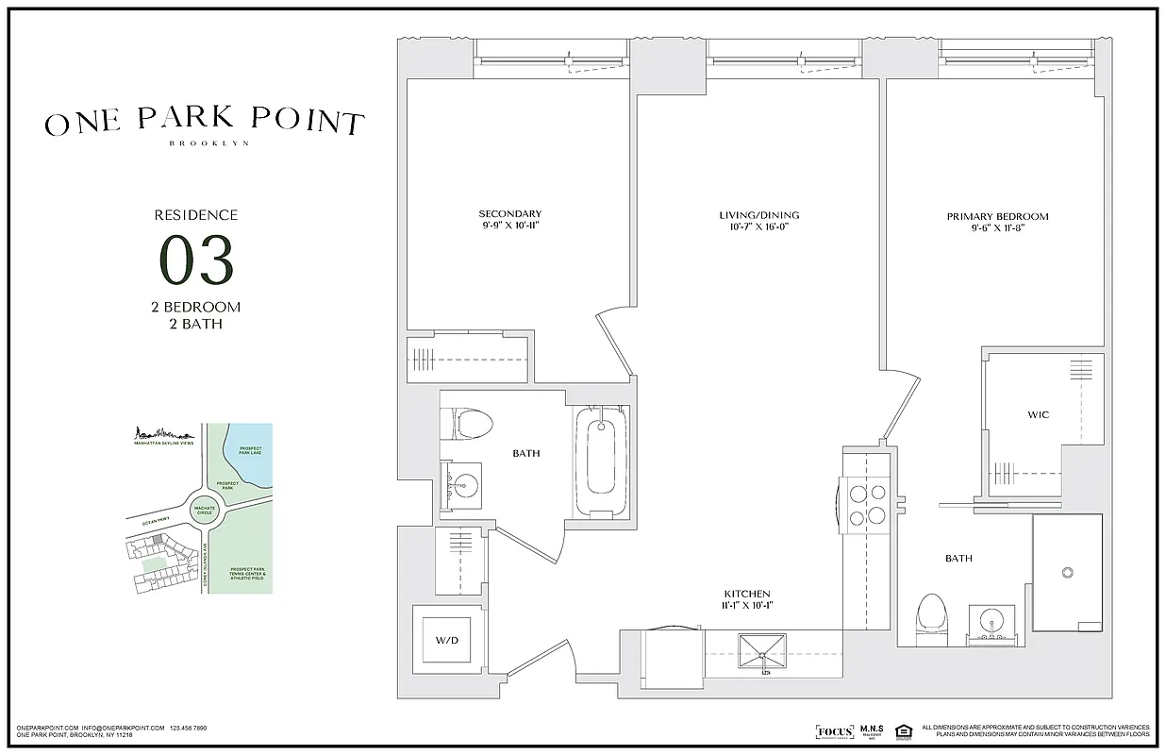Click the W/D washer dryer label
[x=447, y=641]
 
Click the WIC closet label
[x=1038, y=414]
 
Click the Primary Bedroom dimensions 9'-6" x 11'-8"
[x=997, y=227]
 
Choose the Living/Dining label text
[x=758, y=215]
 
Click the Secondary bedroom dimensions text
[x=509, y=226]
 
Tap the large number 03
[x=196, y=260]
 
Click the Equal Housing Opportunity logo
[x=903, y=731]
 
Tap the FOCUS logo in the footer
[x=833, y=732]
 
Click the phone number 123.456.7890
[x=188, y=728]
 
